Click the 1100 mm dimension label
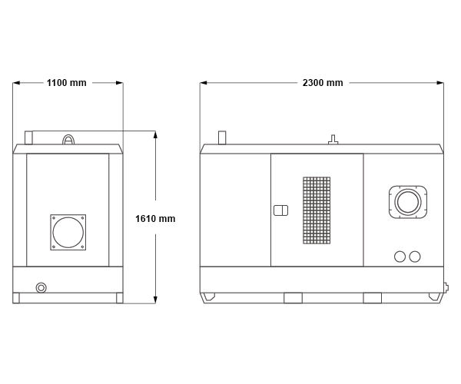pyautogui.click(x=67, y=83)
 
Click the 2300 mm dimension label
pyautogui.click(x=323, y=83)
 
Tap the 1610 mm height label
pyautogui.click(x=155, y=219)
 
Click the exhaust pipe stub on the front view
pyautogui.click(x=28, y=137)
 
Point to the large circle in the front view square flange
pyautogui.click(x=68, y=233)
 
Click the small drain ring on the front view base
pyautogui.click(x=41, y=288)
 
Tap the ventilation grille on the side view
pyautogui.click(x=317, y=210)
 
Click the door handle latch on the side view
pyautogui.click(x=280, y=210)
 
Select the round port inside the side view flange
pyautogui.click(x=408, y=202)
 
